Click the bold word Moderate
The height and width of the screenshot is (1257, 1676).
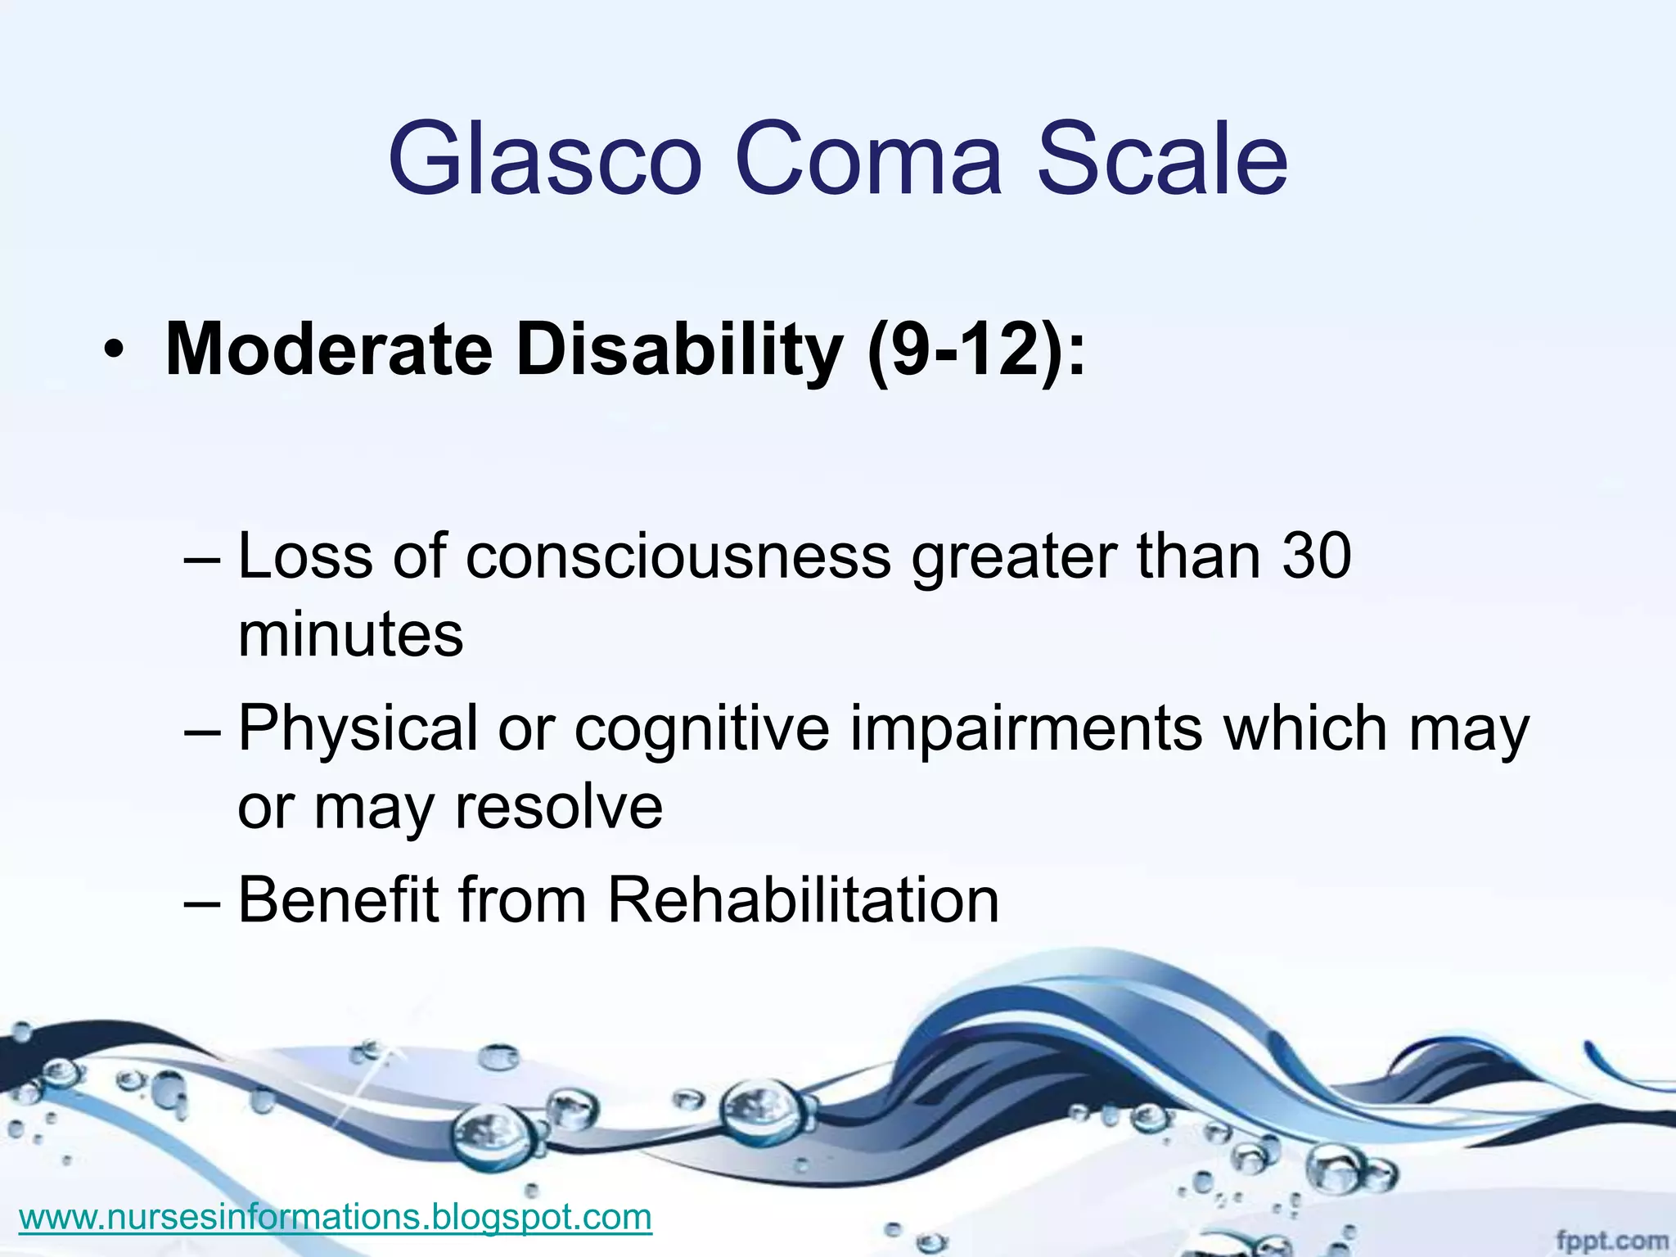click(x=329, y=350)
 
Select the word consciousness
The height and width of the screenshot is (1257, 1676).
click(x=678, y=556)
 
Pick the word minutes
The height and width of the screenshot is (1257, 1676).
click(x=350, y=634)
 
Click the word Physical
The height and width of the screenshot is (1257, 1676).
click(x=358, y=728)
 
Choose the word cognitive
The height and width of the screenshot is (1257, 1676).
click(x=702, y=728)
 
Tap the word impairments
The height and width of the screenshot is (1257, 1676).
click(x=1026, y=728)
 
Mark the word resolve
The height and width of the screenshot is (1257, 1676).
click(x=559, y=806)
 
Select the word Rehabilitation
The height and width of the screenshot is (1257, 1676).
click(x=803, y=900)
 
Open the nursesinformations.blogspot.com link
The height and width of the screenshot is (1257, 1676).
click(x=335, y=1217)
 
